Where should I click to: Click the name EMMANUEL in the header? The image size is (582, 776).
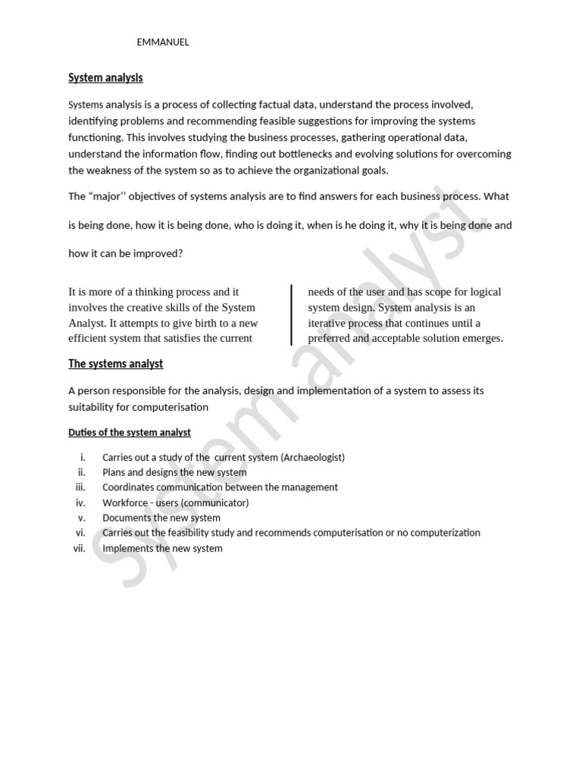163,42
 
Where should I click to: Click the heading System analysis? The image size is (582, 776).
105,77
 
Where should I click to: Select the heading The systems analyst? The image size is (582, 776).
115,364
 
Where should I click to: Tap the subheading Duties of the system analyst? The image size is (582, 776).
130,432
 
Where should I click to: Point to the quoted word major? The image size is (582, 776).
111,196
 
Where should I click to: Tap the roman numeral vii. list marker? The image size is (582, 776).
80,548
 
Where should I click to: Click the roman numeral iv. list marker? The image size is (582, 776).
81,502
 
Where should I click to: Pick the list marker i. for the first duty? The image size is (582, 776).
83,458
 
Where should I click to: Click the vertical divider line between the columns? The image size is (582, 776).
292,314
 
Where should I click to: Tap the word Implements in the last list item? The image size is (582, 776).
127,548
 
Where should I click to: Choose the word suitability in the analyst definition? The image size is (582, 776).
94,407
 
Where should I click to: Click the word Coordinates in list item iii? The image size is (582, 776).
130,487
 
